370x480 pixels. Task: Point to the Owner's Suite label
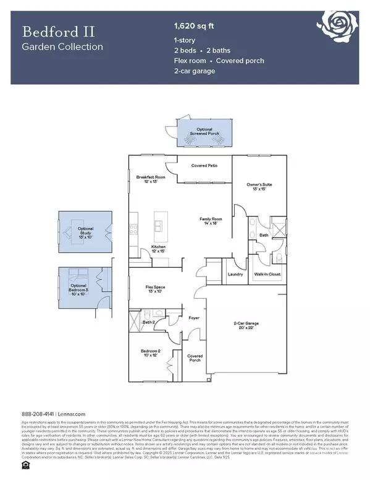point(259,186)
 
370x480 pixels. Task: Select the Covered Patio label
point(203,166)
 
